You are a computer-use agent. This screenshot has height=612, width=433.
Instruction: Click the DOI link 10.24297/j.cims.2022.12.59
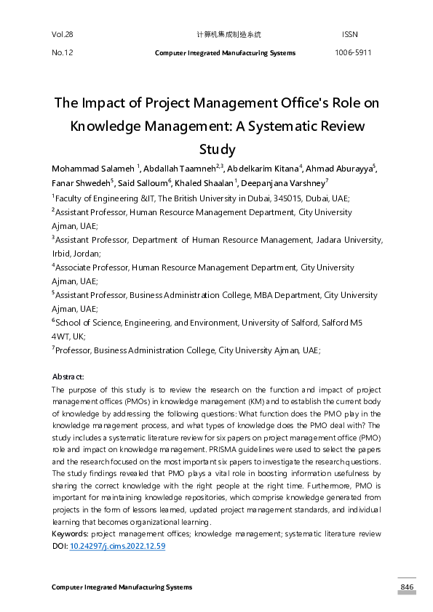117,545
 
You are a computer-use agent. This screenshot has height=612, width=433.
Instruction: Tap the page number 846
406,587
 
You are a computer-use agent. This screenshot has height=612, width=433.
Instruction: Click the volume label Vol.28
63,35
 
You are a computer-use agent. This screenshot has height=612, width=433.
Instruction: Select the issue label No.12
63,53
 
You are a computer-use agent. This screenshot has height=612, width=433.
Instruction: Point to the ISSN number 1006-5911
353,53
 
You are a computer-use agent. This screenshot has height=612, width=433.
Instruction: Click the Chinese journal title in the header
229,35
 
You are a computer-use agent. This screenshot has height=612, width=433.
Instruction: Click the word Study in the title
217,150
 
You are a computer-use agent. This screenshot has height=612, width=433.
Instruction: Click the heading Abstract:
68,377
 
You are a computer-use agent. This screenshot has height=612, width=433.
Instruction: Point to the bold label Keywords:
71,534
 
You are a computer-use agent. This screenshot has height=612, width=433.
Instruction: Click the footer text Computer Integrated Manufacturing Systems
122,587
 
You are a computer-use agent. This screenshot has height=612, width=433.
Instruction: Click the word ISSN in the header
349,35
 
